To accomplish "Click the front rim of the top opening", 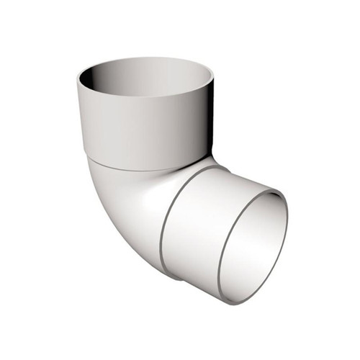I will pos(144,104).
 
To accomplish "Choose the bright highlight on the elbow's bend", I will pos(133,209).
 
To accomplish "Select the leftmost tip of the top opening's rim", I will pos(77,81).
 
